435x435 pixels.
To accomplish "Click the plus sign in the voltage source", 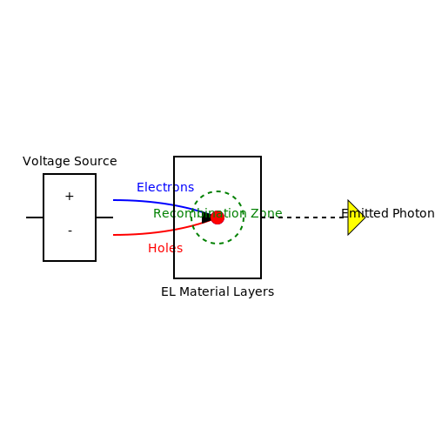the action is pyautogui.click(x=70, y=197).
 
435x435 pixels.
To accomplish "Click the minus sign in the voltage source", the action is pyautogui.click(x=70, y=231).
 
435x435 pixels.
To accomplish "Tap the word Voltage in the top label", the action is pyautogui.click(x=46, y=161).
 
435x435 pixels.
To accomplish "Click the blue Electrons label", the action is pyautogui.click(x=165, y=187).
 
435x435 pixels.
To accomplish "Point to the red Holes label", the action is pyautogui.click(x=165, y=248).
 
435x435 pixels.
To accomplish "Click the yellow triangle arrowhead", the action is pyautogui.click(x=356, y=217).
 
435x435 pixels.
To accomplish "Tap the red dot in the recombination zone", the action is pyautogui.click(x=217, y=217).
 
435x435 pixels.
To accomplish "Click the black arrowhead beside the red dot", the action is pyautogui.click(x=206, y=217).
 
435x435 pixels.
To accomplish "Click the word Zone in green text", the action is pyautogui.click(x=266, y=213).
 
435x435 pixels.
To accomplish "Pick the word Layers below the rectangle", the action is pyautogui.click(x=256, y=291).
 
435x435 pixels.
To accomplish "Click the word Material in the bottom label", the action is pyautogui.click(x=206, y=291).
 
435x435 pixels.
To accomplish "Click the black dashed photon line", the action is pyautogui.click(x=304, y=217).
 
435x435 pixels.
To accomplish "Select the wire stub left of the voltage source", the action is pyautogui.click(x=35, y=217).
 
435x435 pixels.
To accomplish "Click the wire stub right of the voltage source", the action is pyautogui.click(x=104, y=217).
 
